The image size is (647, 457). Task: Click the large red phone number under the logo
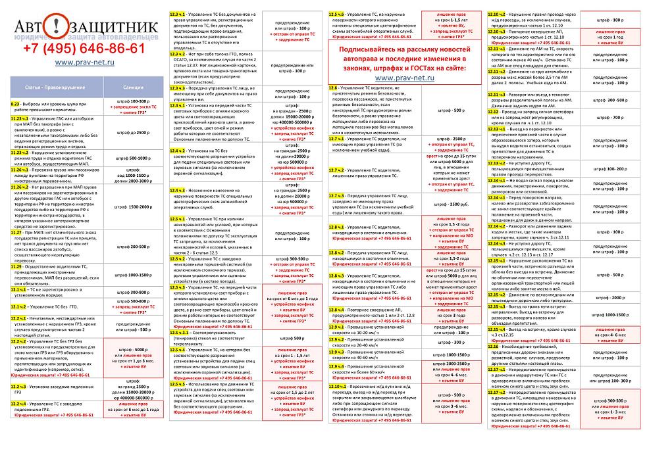pos(84,49)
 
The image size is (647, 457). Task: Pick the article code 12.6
pos(333,87)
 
